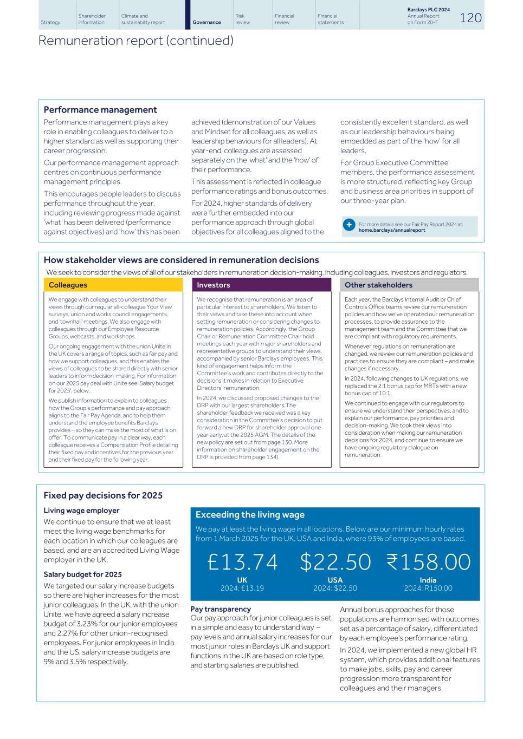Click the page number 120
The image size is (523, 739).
(470, 18)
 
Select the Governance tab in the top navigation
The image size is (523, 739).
(206, 22)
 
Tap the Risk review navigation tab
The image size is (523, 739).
(240, 19)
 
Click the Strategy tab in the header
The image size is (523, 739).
(50, 22)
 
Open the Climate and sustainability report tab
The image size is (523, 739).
(143, 19)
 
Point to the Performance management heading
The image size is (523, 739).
(100, 110)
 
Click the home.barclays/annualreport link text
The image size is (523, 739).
(392, 230)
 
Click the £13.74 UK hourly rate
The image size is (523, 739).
(242, 562)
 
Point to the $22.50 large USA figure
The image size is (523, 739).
(335, 562)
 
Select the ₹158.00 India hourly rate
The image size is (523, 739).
(428, 562)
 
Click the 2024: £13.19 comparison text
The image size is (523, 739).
(242, 588)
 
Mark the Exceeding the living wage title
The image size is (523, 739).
(250, 515)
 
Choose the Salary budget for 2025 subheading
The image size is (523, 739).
(82, 574)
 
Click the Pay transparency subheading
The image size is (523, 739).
(221, 609)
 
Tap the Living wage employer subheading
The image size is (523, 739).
(81, 511)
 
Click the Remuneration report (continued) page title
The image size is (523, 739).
(135, 41)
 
